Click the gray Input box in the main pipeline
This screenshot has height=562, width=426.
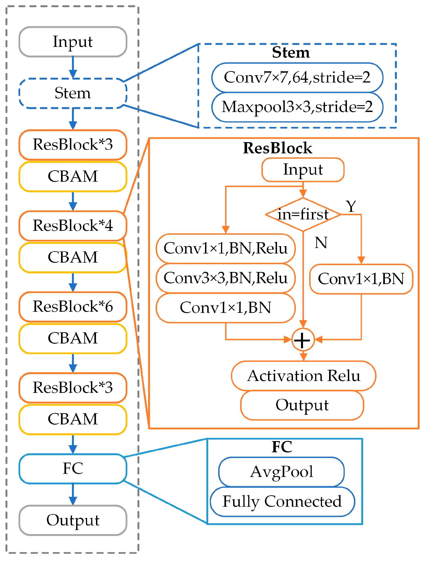pos(73,42)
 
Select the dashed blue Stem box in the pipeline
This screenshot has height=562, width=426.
pos(73,93)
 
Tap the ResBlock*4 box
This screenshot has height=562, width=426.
pos(73,226)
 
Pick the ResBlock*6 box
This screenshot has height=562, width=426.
pos(73,307)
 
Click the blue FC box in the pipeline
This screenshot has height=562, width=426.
pos(73,469)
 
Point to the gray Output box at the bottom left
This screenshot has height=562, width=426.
pos(73,520)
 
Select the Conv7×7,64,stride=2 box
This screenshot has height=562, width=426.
pos(297,77)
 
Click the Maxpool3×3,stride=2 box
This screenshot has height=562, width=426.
pos(297,107)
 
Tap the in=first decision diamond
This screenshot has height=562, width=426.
pos(303,214)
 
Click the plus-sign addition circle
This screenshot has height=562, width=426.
pos(303,340)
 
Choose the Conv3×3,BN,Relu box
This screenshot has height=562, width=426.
pos(226,278)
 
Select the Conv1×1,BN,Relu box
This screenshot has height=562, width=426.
pos(226,248)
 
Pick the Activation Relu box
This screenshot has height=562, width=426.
pos(304,376)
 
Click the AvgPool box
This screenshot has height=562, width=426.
pos(282,472)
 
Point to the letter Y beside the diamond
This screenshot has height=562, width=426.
pos(351,206)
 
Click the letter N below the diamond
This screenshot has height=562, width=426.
pos(321,243)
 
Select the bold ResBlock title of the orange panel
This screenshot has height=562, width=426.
pos(278,148)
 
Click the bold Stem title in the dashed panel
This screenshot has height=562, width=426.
pos(291,52)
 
